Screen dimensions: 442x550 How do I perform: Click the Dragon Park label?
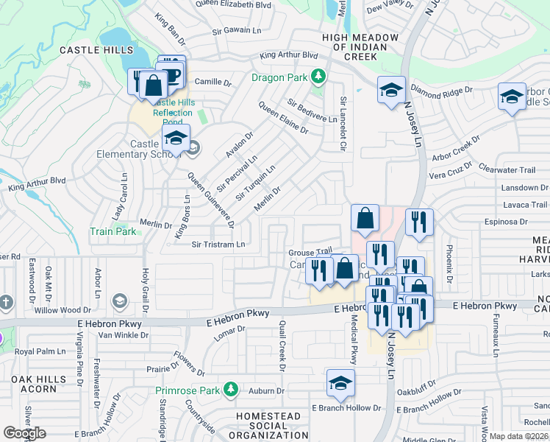pyautogui.click(x=279, y=77)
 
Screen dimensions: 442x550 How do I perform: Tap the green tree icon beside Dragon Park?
pyautogui.click(x=318, y=76)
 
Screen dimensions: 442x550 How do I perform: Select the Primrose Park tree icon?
pyautogui.click(x=231, y=389)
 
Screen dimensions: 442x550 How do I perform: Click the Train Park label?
pyautogui.click(x=113, y=231)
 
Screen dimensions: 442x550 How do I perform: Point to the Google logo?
pyautogui.click(x=25, y=432)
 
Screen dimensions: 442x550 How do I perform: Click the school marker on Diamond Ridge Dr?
pyautogui.click(x=391, y=91)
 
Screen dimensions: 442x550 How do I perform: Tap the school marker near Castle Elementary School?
pyautogui.click(x=176, y=138)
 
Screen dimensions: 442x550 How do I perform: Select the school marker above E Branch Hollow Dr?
pyautogui.click(x=340, y=384)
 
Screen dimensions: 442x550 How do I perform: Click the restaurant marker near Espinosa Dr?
pyautogui.click(x=419, y=222)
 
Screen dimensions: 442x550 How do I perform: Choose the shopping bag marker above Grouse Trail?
pyautogui.click(x=365, y=219)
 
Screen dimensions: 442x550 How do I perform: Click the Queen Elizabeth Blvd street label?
pyautogui.click(x=233, y=4)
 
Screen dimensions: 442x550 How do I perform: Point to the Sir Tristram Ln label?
pyautogui.click(x=218, y=245)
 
